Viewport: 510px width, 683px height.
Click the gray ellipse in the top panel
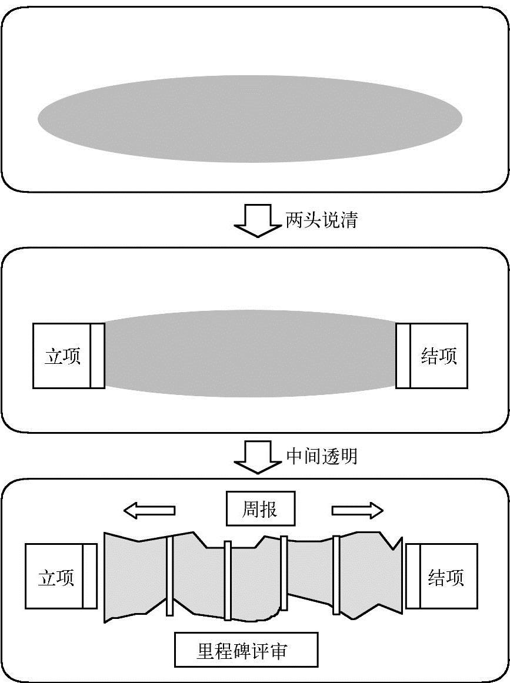pyautogui.click(x=250, y=119)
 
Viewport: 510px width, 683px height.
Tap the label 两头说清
pyautogui.click(x=321, y=220)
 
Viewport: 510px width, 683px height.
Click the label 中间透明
pyautogui.click(x=321, y=456)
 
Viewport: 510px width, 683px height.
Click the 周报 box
pyautogui.click(x=260, y=509)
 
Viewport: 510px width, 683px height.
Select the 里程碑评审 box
pyautogui.click(x=246, y=649)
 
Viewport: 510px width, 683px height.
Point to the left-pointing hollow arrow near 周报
pyautogui.click(x=149, y=510)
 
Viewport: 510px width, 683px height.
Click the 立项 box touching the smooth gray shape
pyautogui.click(x=62, y=356)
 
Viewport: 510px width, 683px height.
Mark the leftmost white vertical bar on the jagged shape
pyautogui.click(x=169, y=576)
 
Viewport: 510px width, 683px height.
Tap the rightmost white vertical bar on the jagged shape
pyautogui.click(x=336, y=574)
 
